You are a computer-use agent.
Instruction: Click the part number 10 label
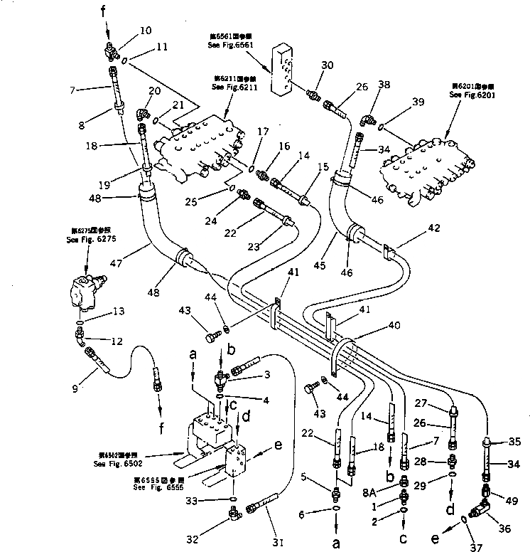[x=145, y=31]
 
